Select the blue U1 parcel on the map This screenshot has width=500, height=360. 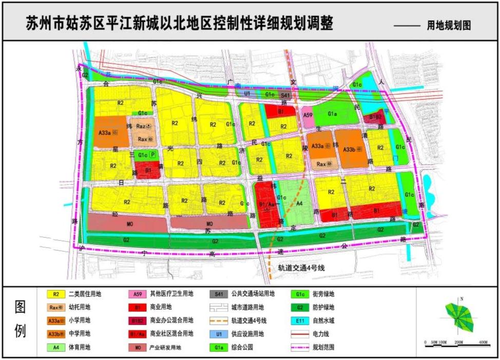click(247, 94)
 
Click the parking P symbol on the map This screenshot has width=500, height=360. click(153, 154)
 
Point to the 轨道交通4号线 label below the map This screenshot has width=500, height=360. click(302, 268)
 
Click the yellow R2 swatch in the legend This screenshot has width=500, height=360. click(55, 294)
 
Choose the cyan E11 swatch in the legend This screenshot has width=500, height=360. click(300, 321)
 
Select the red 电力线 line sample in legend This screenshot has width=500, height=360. click(300, 334)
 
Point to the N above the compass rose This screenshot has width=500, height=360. click(462, 298)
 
